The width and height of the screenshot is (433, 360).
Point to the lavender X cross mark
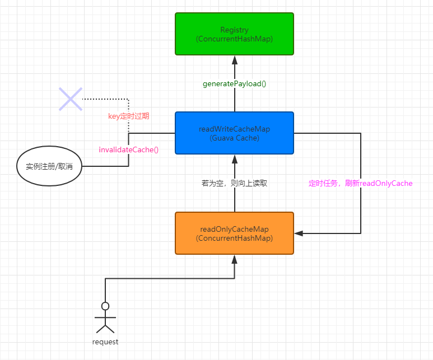(x=71, y=99)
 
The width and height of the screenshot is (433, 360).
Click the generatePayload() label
(x=234, y=84)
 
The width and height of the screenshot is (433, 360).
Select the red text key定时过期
(x=128, y=116)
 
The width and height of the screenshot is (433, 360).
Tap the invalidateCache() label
(x=128, y=149)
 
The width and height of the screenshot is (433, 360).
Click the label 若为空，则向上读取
(x=234, y=183)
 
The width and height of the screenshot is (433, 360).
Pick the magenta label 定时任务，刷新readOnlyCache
(x=360, y=183)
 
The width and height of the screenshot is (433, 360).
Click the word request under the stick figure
(x=105, y=342)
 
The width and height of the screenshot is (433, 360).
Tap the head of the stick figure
(x=105, y=306)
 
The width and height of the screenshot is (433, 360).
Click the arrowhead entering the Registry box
(x=234, y=59)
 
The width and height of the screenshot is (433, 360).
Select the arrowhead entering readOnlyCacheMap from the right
(x=299, y=233)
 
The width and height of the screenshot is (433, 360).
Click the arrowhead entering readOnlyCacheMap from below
(x=234, y=259)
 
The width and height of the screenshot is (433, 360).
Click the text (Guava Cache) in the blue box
(x=234, y=137)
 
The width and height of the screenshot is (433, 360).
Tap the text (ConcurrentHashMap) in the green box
(x=234, y=39)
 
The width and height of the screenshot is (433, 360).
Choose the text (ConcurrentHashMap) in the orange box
(x=234, y=238)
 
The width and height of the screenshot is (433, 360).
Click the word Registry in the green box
(x=234, y=30)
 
